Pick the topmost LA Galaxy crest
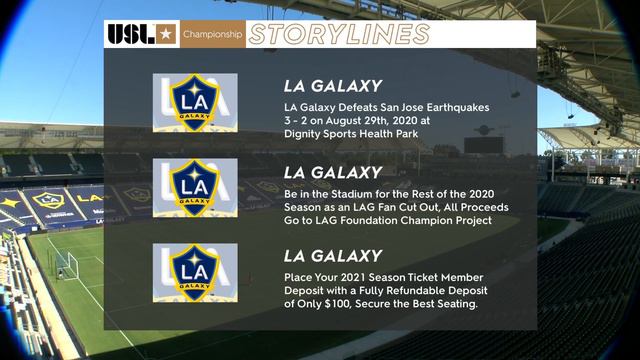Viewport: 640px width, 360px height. point(195,103)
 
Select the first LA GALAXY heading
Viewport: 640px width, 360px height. point(333,87)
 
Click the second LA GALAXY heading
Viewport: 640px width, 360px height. point(333,172)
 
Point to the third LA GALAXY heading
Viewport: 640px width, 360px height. point(333,256)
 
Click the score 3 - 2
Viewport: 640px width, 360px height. point(302,121)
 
